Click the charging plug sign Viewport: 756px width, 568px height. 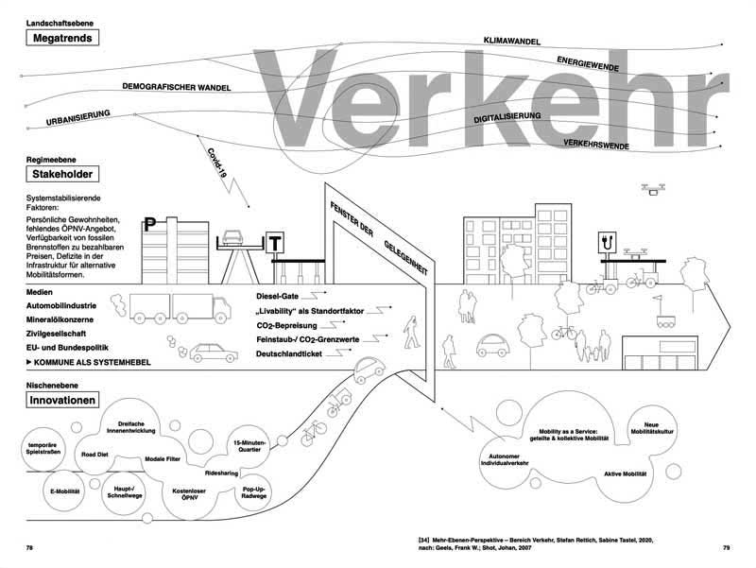click(605, 244)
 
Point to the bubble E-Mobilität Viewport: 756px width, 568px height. click(56, 492)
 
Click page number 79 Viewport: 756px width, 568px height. click(726, 547)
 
